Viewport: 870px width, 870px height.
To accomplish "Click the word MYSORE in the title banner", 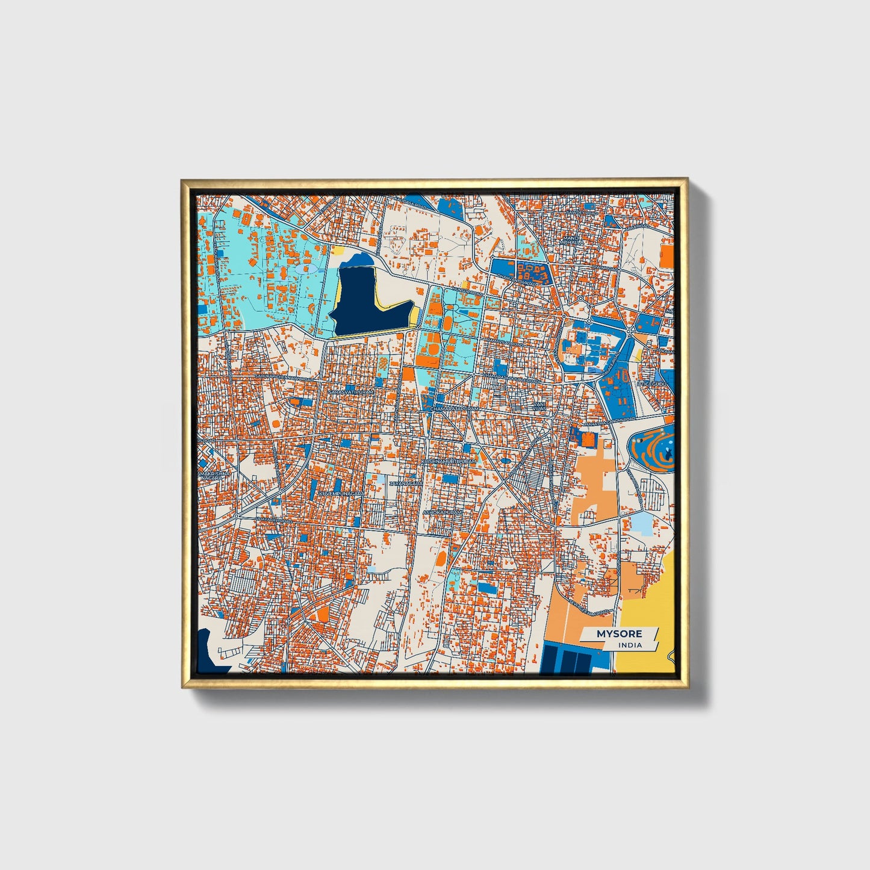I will tap(619, 634).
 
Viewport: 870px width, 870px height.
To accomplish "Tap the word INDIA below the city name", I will tap(630, 645).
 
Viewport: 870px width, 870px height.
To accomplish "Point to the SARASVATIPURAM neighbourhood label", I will tap(351, 392).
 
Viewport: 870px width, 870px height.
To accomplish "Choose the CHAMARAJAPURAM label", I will tap(455, 409).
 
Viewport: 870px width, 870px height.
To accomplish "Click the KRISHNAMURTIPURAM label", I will tap(449, 461).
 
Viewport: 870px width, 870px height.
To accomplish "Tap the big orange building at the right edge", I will tap(666, 253).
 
